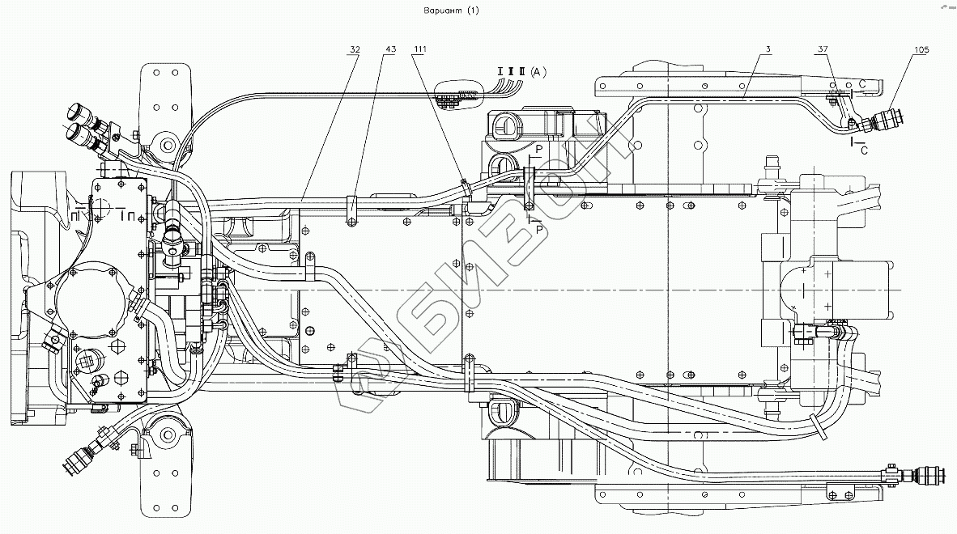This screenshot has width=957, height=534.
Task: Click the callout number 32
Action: (x=355, y=50)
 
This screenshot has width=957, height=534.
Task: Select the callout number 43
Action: (x=390, y=50)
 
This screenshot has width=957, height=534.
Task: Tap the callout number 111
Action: (x=419, y=50)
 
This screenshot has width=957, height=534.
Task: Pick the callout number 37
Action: (x=823, y=50)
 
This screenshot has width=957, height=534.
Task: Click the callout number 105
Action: (x=921, y=50)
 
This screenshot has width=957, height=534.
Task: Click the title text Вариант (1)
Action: (x=452, y=11)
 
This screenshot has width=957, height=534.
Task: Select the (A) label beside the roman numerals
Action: (x=539, y=73)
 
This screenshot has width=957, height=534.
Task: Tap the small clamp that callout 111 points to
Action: (x=465, y=187)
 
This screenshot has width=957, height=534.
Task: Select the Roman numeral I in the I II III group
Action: (x=501, y=73)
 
